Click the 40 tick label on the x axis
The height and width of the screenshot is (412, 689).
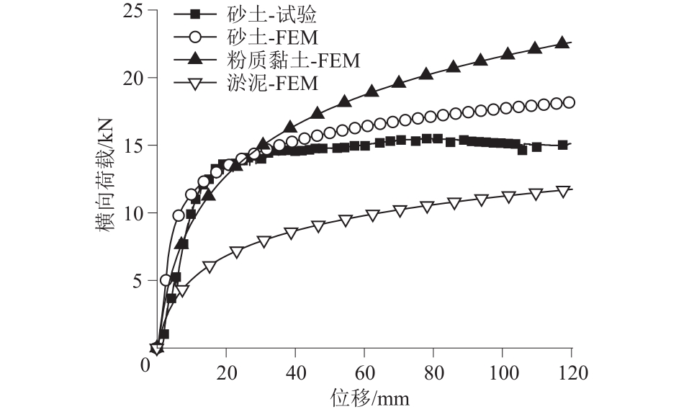point(295,372)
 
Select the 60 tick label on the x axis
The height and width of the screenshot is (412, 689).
point(364,372)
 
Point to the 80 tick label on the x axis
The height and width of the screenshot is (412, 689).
point(433,372)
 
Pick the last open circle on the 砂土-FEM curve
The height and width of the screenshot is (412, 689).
point(568,102)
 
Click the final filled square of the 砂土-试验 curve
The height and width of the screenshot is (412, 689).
point(562,145)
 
